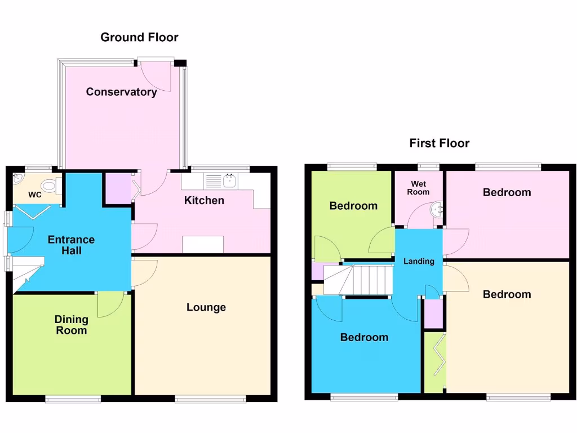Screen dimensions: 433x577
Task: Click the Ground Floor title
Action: point(139,38)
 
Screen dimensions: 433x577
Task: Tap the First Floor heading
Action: point(439,143)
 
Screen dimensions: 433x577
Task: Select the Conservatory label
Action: point(121,92)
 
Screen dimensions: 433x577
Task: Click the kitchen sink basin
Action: point(230,181)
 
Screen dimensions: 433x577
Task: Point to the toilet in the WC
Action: point(50,184)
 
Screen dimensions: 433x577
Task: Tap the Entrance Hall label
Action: point(71,245)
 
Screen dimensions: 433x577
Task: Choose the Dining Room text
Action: point(71,325)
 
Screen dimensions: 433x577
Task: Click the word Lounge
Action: point(206,307)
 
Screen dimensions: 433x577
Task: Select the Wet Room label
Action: point(419,188)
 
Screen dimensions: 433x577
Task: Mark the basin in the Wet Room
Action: point(437,210)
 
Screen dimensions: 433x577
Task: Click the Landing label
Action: point(419,261)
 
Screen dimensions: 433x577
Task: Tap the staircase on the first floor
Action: point(365,280)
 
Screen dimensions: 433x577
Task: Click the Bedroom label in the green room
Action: point(353,206)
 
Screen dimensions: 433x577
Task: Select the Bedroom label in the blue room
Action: point(364,337)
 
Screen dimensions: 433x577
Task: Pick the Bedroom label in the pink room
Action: point(507,192)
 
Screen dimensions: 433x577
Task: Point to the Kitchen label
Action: point(204,200)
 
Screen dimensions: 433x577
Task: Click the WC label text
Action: point(35,196)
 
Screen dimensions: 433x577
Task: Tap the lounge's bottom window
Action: point(210,399)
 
